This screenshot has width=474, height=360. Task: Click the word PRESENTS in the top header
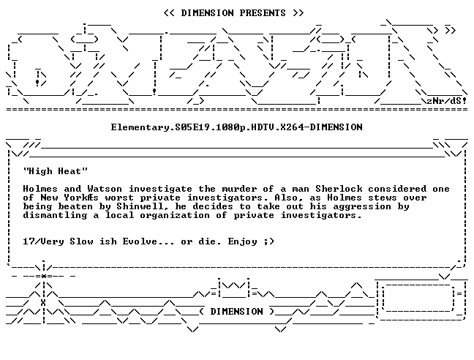click(x=263, y=13)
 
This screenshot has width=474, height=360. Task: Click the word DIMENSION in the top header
click(x=207, y=13)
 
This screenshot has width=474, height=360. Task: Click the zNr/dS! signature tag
click(x=446, y=101)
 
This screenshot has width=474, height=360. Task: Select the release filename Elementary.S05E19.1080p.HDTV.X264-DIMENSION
click(x=237, y=127)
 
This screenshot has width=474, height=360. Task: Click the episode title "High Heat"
click(x=56, y=171)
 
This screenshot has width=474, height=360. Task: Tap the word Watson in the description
click(x=105, y=189)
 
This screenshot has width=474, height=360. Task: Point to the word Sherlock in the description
click(x=339, y=189)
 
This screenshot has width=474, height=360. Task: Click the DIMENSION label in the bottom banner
click(x=237, y=312)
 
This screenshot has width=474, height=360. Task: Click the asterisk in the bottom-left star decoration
click(x=44, y=276)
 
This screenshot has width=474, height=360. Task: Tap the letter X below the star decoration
click(x=44, y=303)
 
